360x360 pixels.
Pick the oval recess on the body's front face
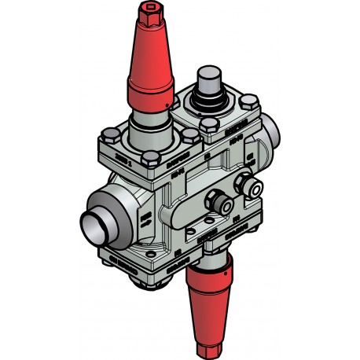tap(189, 208)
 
